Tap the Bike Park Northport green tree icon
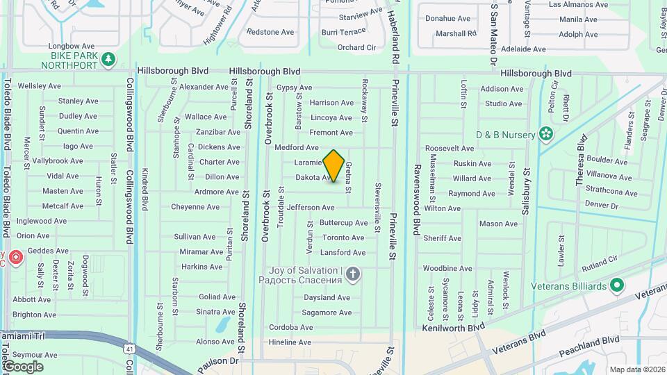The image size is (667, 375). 108,60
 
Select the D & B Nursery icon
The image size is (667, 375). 546,133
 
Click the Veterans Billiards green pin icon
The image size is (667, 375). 616,285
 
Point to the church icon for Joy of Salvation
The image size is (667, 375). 353,274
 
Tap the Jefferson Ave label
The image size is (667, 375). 311,207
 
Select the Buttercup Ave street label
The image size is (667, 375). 343,223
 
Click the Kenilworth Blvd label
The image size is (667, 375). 453,326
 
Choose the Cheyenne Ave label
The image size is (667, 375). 195,206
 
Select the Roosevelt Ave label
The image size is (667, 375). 449,149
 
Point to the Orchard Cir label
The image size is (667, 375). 356,47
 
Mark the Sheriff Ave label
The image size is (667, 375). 442,238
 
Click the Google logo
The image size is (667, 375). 22,366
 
